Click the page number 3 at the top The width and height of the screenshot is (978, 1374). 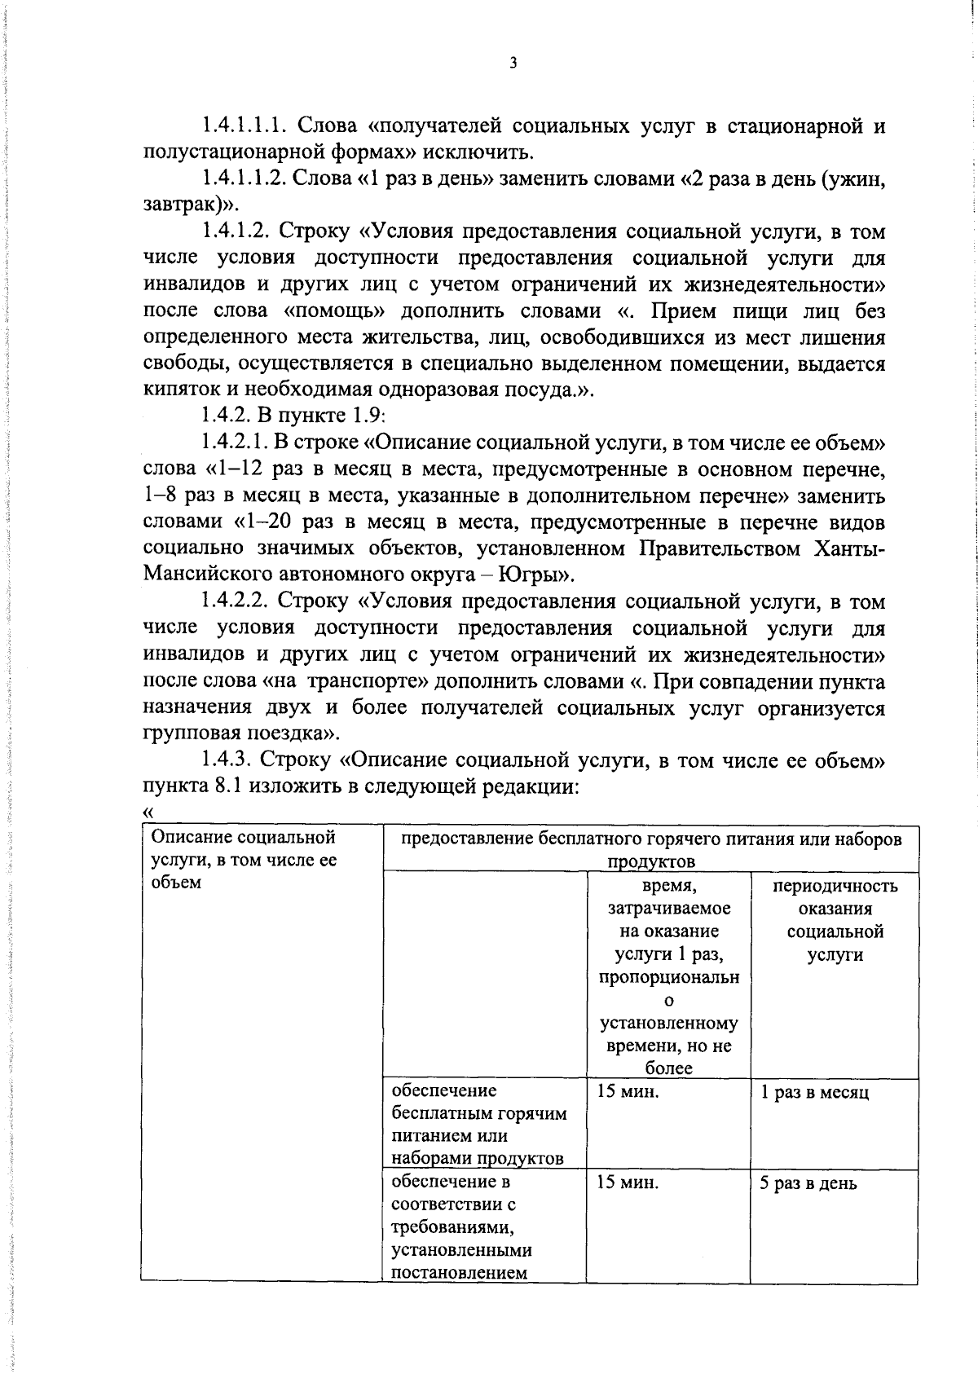click(513, 63)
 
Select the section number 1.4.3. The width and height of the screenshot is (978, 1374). click(227, 760)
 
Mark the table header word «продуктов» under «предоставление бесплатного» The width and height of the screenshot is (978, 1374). click(650, 861)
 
